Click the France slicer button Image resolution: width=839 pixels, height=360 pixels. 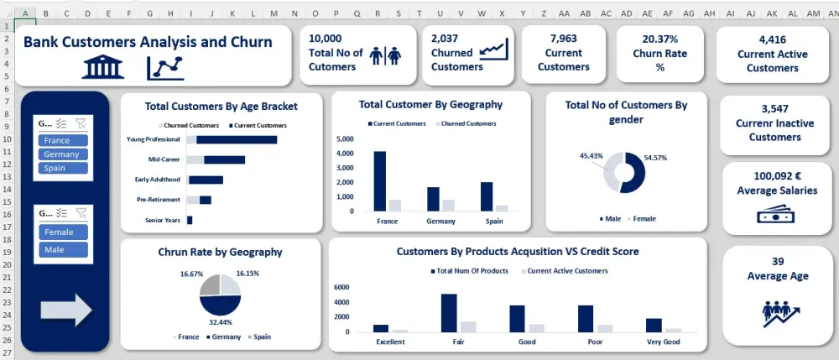(x=64, y=141)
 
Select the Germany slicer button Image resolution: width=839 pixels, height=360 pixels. (x=64, y=154)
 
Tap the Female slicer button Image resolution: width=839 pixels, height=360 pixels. (x=64, y=232)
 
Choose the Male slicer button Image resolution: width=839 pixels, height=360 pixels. (x=64, y=250)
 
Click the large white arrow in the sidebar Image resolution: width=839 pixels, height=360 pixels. (x=65, y=309)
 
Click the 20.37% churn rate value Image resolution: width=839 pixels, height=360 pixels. (x=660, y=39)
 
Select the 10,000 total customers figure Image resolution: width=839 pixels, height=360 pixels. (x=326, y=39)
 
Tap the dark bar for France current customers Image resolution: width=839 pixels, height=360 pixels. (x=379, y=180)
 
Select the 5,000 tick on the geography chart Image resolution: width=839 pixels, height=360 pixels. (x=346, y=138)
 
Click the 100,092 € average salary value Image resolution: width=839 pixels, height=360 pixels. (x=776, y=176)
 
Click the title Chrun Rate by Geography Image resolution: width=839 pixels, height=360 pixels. (x=220, y=252)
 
